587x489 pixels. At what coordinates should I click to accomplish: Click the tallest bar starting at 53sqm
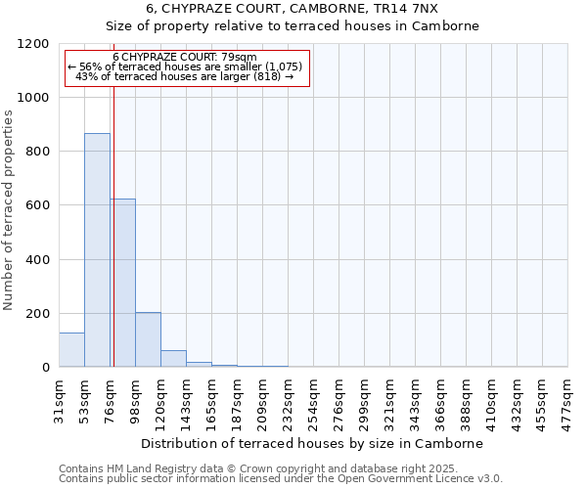point(97,249)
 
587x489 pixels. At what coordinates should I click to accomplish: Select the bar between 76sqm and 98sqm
point(122,283)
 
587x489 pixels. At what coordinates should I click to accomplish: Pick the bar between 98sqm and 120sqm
point(148,339)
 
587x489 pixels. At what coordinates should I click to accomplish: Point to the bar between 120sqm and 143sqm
point(173,359)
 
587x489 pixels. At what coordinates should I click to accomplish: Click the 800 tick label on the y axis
point(36,152)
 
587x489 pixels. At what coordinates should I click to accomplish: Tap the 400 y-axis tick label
point(36,260)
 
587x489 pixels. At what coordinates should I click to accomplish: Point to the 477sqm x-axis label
point(567,399)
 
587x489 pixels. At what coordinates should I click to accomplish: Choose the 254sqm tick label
point(313,399)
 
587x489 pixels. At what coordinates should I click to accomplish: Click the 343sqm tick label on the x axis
point(415,399)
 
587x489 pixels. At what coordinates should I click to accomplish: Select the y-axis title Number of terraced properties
point(9,210)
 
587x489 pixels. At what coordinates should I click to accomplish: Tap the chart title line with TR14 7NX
point(293,9)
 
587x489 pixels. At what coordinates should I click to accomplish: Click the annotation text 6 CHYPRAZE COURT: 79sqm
point(185,57)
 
